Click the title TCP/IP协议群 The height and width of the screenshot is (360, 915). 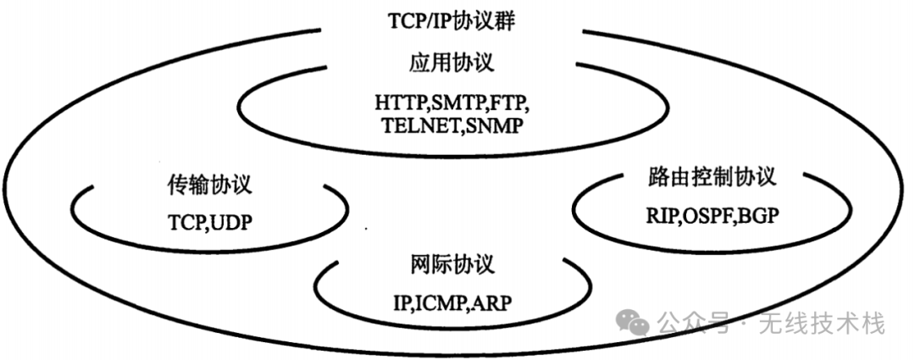(x=458, y=21)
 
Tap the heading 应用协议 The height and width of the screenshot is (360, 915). (x=457, y=64)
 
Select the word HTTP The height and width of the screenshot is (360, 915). (x=401, y=106)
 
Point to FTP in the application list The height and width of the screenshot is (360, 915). (x=511, y=106)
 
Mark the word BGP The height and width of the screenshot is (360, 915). (x=757, y=216)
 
